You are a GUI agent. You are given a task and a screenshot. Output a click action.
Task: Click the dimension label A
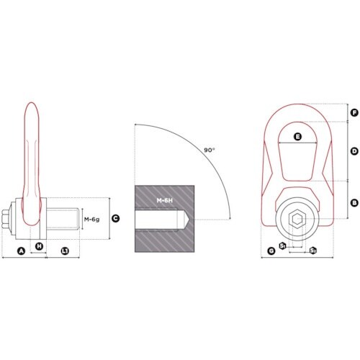click(22, 251)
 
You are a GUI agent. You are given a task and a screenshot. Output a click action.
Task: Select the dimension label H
click(39, 246)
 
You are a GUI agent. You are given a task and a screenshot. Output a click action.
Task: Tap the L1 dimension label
click(65, 251)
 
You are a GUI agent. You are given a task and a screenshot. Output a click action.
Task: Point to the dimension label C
click(116, 218)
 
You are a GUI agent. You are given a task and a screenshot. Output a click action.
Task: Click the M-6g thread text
click(91, 220)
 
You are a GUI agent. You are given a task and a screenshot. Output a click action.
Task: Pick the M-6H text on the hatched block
click(165, 200)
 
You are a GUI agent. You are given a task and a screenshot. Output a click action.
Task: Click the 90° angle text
click(210, 150)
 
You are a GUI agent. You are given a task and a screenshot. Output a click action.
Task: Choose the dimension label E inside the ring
click(297, 137)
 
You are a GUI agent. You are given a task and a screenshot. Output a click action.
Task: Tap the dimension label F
click(354, 112)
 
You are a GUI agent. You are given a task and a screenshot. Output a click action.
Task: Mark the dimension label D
click(354, 151)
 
